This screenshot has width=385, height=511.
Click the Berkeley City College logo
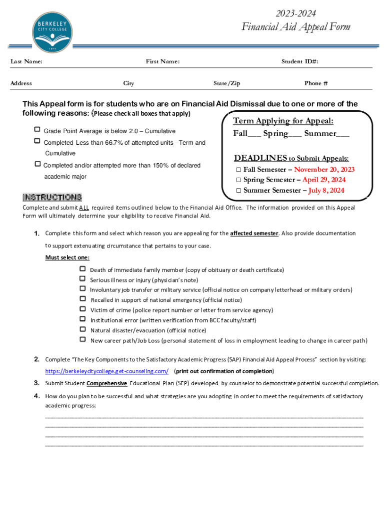pos(53,33)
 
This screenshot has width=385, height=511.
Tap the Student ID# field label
pos(299,61)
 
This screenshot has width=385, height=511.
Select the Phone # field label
pos(316,83)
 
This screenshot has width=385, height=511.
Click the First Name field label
pos(162,61)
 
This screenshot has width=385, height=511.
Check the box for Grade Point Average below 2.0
pos(37,130)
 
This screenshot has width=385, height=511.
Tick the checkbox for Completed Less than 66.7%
pos(37,142)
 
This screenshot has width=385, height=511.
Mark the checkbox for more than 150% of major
pos(37,164)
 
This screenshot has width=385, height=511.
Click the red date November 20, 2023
pos(324,170)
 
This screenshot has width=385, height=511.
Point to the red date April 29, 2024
pos(324,180)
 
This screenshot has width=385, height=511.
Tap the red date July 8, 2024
pos(326,190)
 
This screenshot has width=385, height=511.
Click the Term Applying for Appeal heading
pos(283,121)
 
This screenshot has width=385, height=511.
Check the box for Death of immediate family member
pos(83,269)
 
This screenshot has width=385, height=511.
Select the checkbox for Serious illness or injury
pos(83,279)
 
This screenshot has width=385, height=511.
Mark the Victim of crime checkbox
pos(83,309)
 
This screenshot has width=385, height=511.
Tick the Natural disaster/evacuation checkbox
pos(83,329)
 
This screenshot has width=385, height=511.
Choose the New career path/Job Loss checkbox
pos(83,339)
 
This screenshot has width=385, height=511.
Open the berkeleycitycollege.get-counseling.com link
pos(106,371)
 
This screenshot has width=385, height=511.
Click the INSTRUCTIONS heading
pos(52,198)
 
